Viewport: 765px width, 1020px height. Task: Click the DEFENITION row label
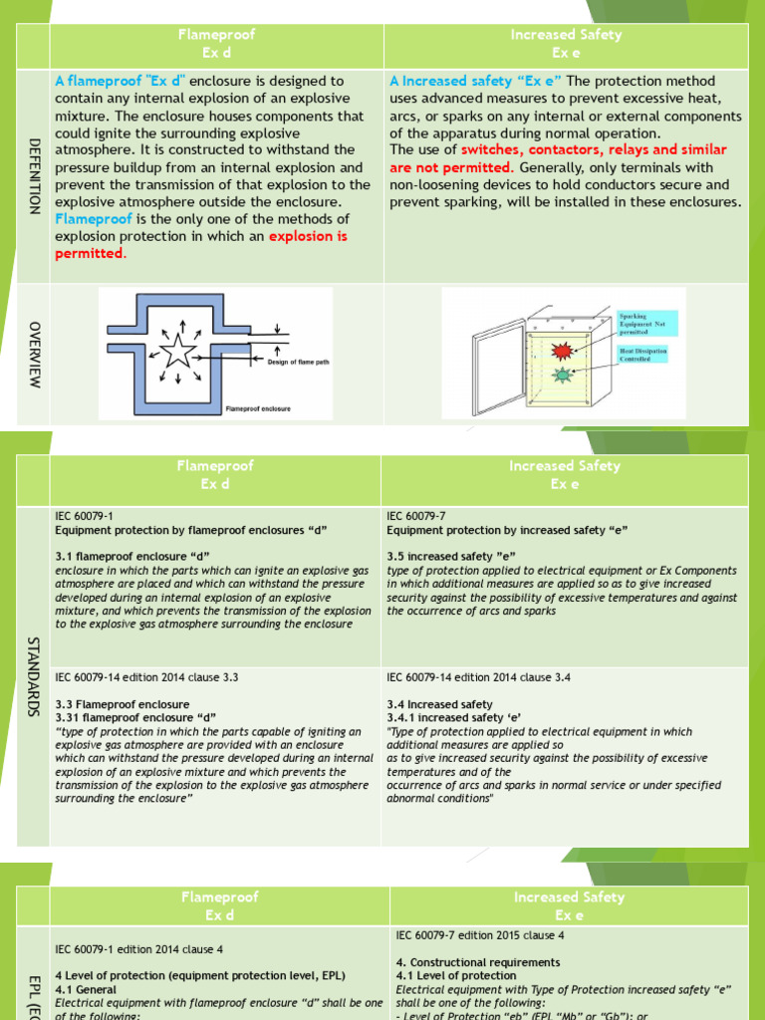point(34,175)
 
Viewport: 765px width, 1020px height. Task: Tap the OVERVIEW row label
point(34,355)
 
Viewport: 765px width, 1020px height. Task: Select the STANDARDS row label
point(34,677)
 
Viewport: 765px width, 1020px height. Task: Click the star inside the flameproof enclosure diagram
point(179,351)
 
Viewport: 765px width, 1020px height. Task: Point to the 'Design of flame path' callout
point(298,363)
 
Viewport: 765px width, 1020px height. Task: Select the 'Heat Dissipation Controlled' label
point(643,355)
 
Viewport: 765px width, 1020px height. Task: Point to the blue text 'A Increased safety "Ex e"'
point(475,81)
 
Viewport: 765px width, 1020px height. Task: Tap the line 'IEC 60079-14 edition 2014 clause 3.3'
point(146,677)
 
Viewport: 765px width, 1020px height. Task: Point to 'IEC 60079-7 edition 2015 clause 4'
point(480,935)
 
